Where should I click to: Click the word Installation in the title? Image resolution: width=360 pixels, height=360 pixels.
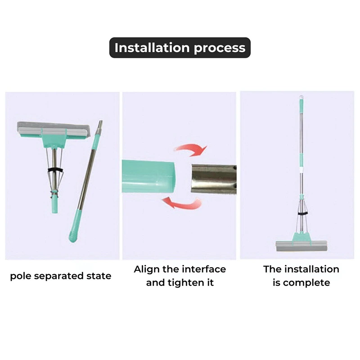coord(152,48)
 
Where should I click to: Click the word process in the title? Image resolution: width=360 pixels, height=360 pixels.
coord(220,49)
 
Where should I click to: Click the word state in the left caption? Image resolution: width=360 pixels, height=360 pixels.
coord(99,276)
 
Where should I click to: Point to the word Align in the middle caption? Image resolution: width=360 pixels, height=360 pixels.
coord(147,270)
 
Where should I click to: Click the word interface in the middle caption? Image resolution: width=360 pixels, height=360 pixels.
coord(204,269)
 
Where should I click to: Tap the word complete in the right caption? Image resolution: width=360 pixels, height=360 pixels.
coord(306,283)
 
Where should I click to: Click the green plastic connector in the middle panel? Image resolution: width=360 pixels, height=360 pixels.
coord(148,176)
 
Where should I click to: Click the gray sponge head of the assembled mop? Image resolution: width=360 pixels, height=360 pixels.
coord(301,246)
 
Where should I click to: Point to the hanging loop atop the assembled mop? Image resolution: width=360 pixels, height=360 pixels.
coord(301,97)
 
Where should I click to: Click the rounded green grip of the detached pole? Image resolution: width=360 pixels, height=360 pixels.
coord(75,226)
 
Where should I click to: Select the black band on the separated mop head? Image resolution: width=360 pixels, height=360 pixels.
coord(55,171)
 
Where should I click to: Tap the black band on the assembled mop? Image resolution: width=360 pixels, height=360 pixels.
coord(302,213)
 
